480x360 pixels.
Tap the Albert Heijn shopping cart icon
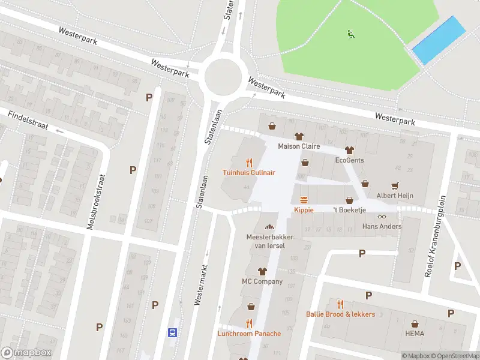pyautogui.click(x=395, y=185)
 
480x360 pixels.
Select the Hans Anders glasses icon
pyautogui.click(x=382, y=217)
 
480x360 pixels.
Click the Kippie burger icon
pyautogui.click(x=304, y=200)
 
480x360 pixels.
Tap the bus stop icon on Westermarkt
pyautogui.click(x=172, y=332)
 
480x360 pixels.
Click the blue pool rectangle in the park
pyautogui.click(x=439, y=40)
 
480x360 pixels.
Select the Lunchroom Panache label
pyautogui.click(x=248, y=334)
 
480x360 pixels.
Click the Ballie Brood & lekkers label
pyautogui.click(x=340, y=314)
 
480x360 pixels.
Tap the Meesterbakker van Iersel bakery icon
pyautogui.click(x=269, y=227)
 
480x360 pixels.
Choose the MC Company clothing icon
pyautogui.click(x=262, y=271)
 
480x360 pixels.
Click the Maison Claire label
pyautogui.click(x=298, y=146)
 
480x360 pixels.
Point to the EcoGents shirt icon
pyautogui.click(x=349, y=150)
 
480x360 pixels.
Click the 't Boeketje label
pyautogui.click(x=349, y=210)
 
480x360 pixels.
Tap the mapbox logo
pyautogui.click(x=26, y=353)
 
